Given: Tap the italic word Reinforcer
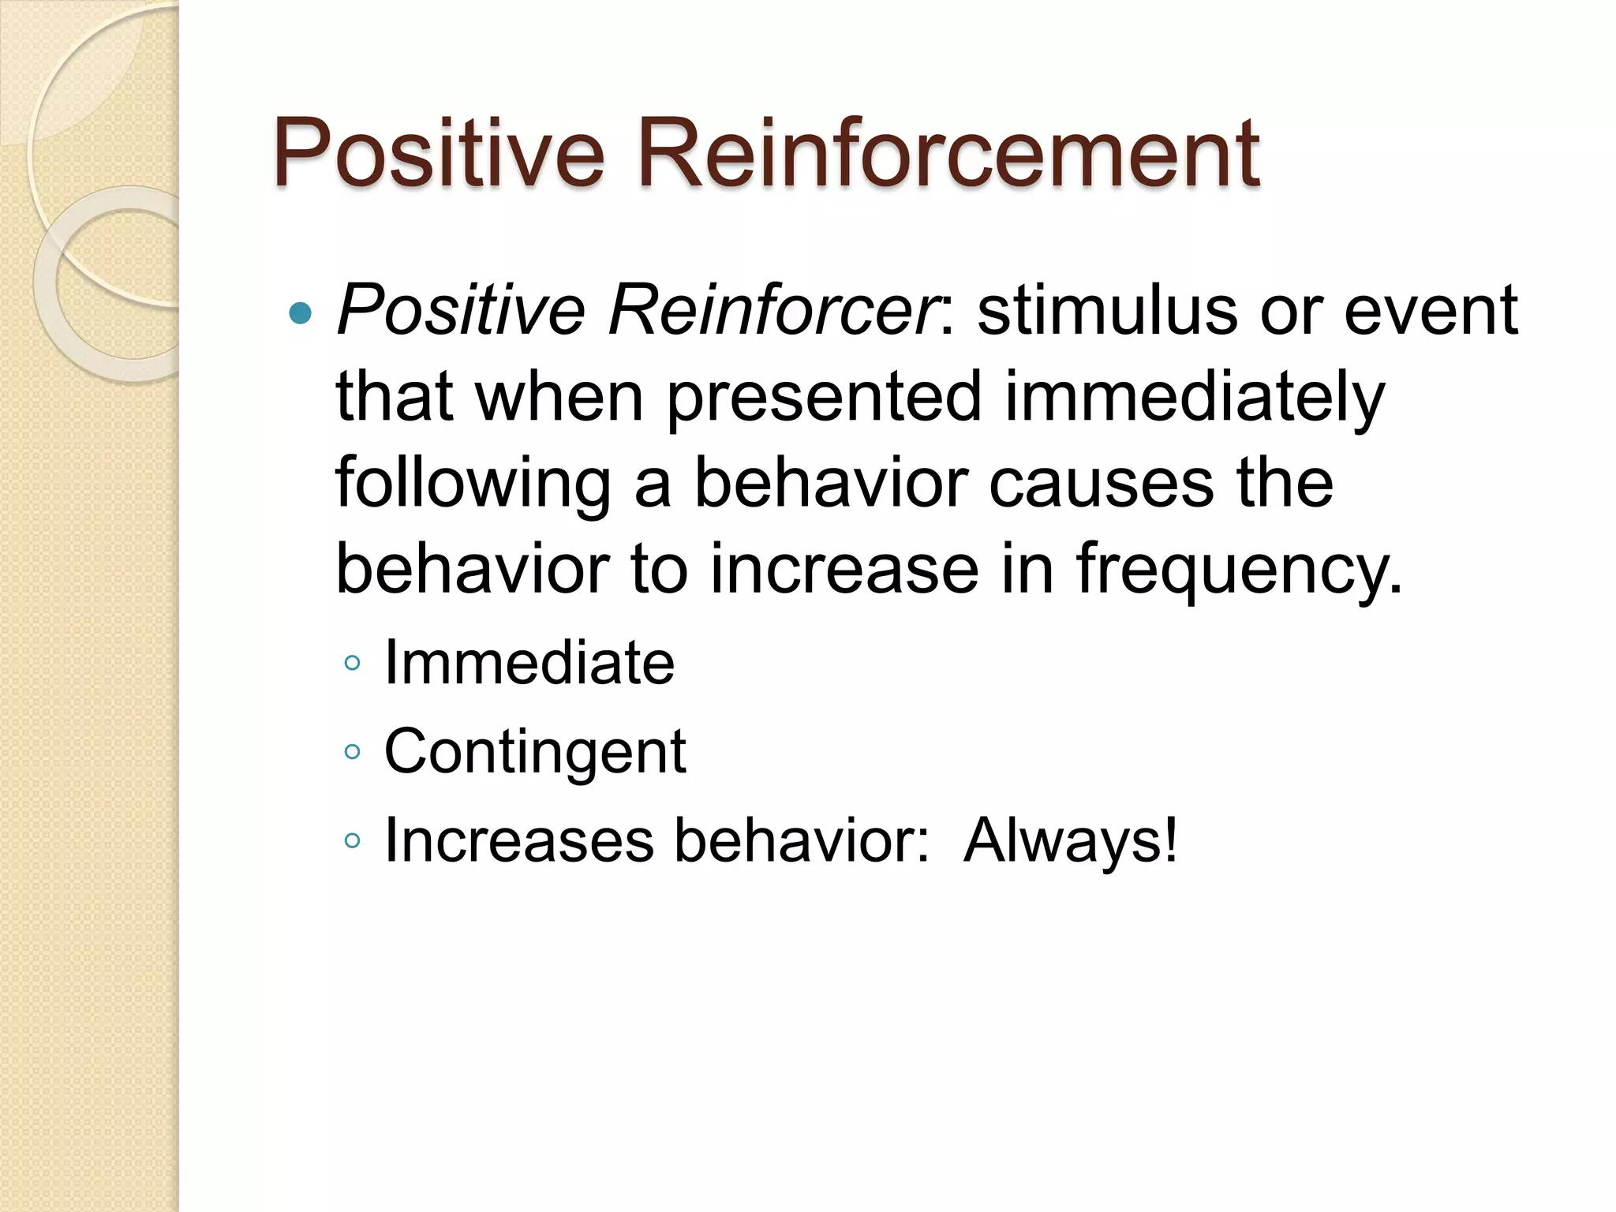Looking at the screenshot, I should [773, 310].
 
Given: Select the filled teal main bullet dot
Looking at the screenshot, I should [301, 314].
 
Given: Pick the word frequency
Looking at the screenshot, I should [1239, 570].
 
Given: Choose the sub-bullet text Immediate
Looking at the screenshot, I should [529, 662].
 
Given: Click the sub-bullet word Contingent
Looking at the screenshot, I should [534, 752].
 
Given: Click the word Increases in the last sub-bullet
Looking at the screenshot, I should [518, 840].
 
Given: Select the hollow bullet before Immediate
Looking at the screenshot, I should [352, 663].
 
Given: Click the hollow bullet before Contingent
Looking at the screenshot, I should [352, 752].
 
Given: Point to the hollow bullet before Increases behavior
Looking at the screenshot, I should [352, 841].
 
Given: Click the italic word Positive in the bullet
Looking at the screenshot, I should [461, 310].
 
